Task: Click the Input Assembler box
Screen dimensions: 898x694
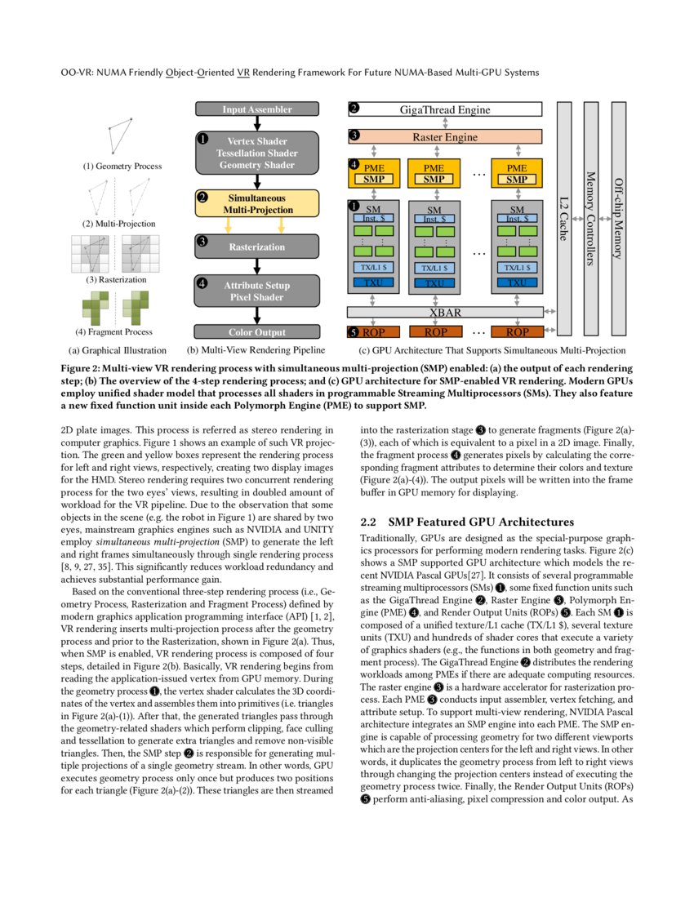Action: tap(256, 109)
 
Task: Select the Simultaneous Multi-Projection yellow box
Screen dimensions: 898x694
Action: tap(256, 203)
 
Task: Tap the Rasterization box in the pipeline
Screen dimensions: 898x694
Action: tap(256, 247)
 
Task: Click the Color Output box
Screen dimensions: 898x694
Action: tap(256, 332)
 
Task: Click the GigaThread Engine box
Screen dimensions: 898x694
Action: tap(445, 109)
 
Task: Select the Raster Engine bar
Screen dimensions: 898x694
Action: tap(445, 137)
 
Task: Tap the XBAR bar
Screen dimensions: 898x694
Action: tap(445, 313)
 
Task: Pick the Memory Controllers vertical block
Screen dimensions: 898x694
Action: tap(592, 219)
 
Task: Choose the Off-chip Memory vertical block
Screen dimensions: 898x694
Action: tap(618, 219)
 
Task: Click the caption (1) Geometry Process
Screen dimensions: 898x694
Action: tap(122, 167)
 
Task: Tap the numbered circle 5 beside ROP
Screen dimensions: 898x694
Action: tap(353, 332)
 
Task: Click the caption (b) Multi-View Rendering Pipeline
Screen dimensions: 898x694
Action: tap(256, 350)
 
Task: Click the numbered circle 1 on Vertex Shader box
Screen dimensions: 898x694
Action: tap(202, 140)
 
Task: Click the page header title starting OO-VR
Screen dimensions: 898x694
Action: tap(300, 73)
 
